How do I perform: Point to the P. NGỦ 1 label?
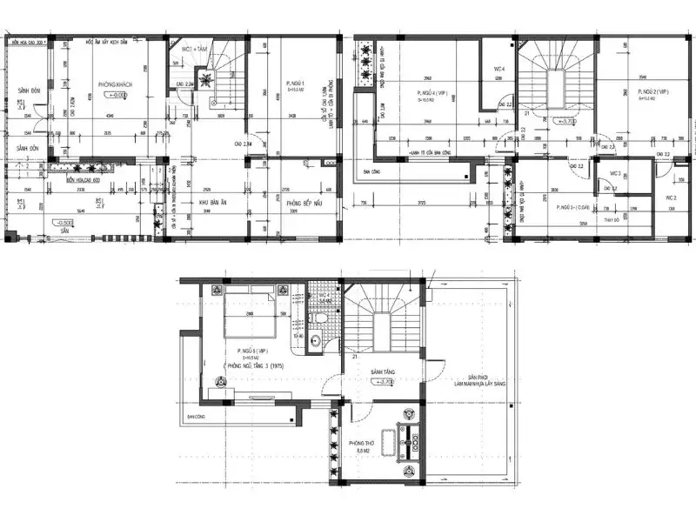tap(298, 84)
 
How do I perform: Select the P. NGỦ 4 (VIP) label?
tap(432, 90)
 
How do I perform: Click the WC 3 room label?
tap(614, 174)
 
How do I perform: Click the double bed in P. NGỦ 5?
tap(252, 319)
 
